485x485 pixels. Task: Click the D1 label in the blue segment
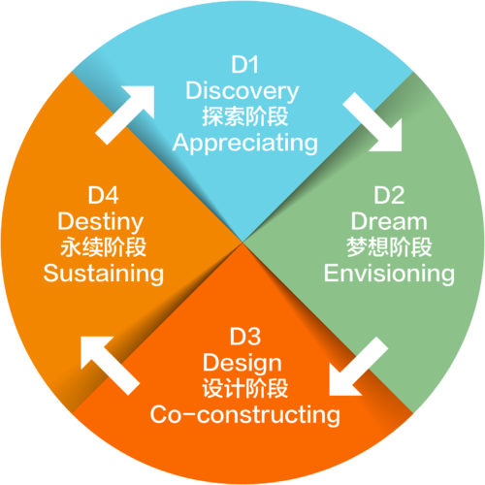244,65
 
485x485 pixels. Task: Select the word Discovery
242,91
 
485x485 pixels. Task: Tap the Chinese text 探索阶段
244,116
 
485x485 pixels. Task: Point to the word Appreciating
244,143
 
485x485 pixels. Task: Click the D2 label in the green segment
389,195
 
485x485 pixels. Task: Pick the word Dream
389,221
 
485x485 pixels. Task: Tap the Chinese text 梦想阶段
389,247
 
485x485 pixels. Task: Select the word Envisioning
389,274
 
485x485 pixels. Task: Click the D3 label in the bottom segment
244,337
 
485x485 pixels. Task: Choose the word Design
242,363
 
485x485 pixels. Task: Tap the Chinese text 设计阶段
244,388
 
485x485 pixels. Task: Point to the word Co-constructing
244,415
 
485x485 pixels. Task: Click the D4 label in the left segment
103,195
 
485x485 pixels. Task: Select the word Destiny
101,221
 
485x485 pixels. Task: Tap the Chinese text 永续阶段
103,247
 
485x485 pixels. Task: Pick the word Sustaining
103,274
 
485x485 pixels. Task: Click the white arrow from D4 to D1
125,114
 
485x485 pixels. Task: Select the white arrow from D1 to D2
372,122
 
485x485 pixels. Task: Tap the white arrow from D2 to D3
359,367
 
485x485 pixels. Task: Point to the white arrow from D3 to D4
110,366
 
